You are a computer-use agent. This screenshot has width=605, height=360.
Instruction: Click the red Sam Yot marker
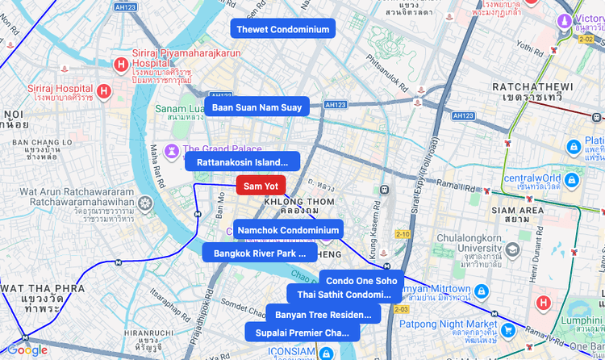(261, 186)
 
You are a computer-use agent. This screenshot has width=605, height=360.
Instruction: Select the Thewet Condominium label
(282, 29)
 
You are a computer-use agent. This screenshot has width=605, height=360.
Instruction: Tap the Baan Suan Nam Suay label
(257, 107)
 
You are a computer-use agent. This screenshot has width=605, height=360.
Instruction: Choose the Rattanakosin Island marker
(242, 161)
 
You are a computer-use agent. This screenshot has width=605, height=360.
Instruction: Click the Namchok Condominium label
(288, 229)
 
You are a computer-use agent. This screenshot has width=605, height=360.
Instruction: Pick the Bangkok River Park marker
(259, 253)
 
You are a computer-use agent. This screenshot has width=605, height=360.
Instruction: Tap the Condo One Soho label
(361, 280)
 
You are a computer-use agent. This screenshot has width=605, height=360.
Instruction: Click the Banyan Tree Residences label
(323, 314)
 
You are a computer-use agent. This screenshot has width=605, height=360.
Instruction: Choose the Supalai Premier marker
(302, 332)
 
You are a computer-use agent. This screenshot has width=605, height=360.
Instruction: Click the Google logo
(27, 350)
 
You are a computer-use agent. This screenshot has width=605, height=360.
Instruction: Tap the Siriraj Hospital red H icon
(103, 91)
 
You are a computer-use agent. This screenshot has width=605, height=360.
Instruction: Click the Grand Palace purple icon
(173, 150)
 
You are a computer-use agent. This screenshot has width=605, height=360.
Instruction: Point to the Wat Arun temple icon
(145, 202)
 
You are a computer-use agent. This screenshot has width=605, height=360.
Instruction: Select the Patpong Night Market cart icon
(507, 329)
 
